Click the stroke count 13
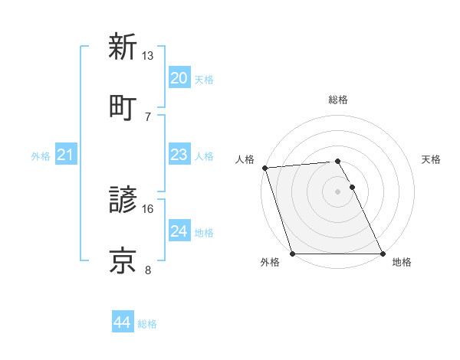click(148, 56)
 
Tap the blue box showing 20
click(179, 78)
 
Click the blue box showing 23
click(179, 155)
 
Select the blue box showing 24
click(179, 231)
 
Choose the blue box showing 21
click(66, 155)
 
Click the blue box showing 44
click(122, 323)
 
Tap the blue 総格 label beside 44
click(147, 324)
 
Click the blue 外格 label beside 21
click(41, 156)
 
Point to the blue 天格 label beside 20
click(204, 79)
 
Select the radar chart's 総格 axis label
click(338, 100)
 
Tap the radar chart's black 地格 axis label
click(402, 263)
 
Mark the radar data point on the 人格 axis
click(264, 168)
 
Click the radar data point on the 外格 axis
click(292, 254)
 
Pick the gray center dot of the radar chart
click(338, 191)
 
